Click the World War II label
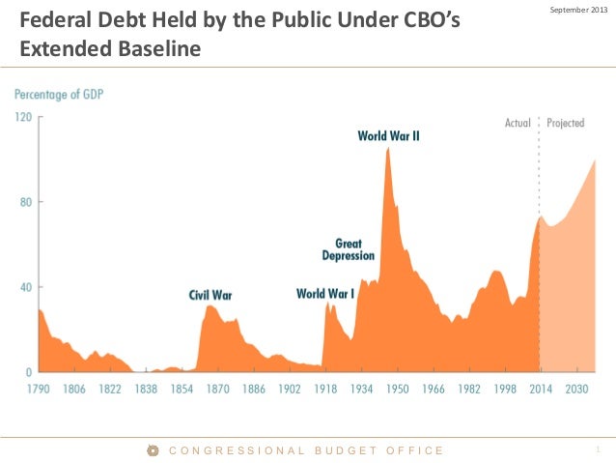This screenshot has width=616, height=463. point(388,136)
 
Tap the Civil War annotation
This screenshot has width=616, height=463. point(210,295)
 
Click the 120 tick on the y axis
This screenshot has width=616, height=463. point(22,117)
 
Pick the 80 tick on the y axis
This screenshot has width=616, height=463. point(25,202)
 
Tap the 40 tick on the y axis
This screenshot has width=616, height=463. point(25,287)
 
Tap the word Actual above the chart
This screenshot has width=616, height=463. point(518,124)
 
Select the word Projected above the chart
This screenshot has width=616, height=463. point(566,124)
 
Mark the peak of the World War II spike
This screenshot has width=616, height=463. point(387,148)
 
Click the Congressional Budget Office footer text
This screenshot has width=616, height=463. point(306,450)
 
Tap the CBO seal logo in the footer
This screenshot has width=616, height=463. point(153,450)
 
